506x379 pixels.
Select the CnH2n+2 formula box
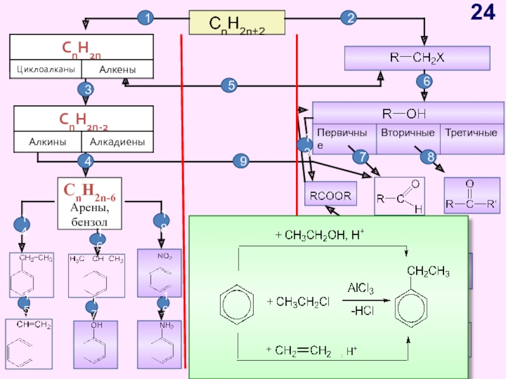pos(237,23)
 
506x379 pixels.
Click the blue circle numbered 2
pos(348,19)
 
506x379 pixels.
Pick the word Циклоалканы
pos(45,69)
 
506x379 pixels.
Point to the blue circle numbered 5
pos(229,85)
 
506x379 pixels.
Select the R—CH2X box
pos(417,58)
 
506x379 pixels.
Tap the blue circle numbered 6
pos(424,81)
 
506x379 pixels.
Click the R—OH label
pos(405,114)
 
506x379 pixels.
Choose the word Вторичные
pos(407,133)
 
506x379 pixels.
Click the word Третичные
pos(471,133)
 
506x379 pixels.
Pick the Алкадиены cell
pos(118,142)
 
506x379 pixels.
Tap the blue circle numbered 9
pos(241,162)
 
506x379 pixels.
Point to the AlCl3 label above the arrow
pos(360,289)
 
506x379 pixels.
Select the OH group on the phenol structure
pos(96,326)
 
